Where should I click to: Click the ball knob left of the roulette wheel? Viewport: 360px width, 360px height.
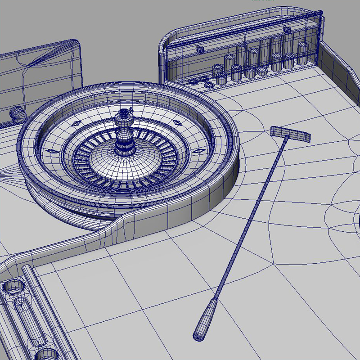click(x=16, y=113)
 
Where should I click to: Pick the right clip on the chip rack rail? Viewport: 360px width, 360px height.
click(x=286, y=30)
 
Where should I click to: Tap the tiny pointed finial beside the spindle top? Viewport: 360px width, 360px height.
click(x=131, y=109)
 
